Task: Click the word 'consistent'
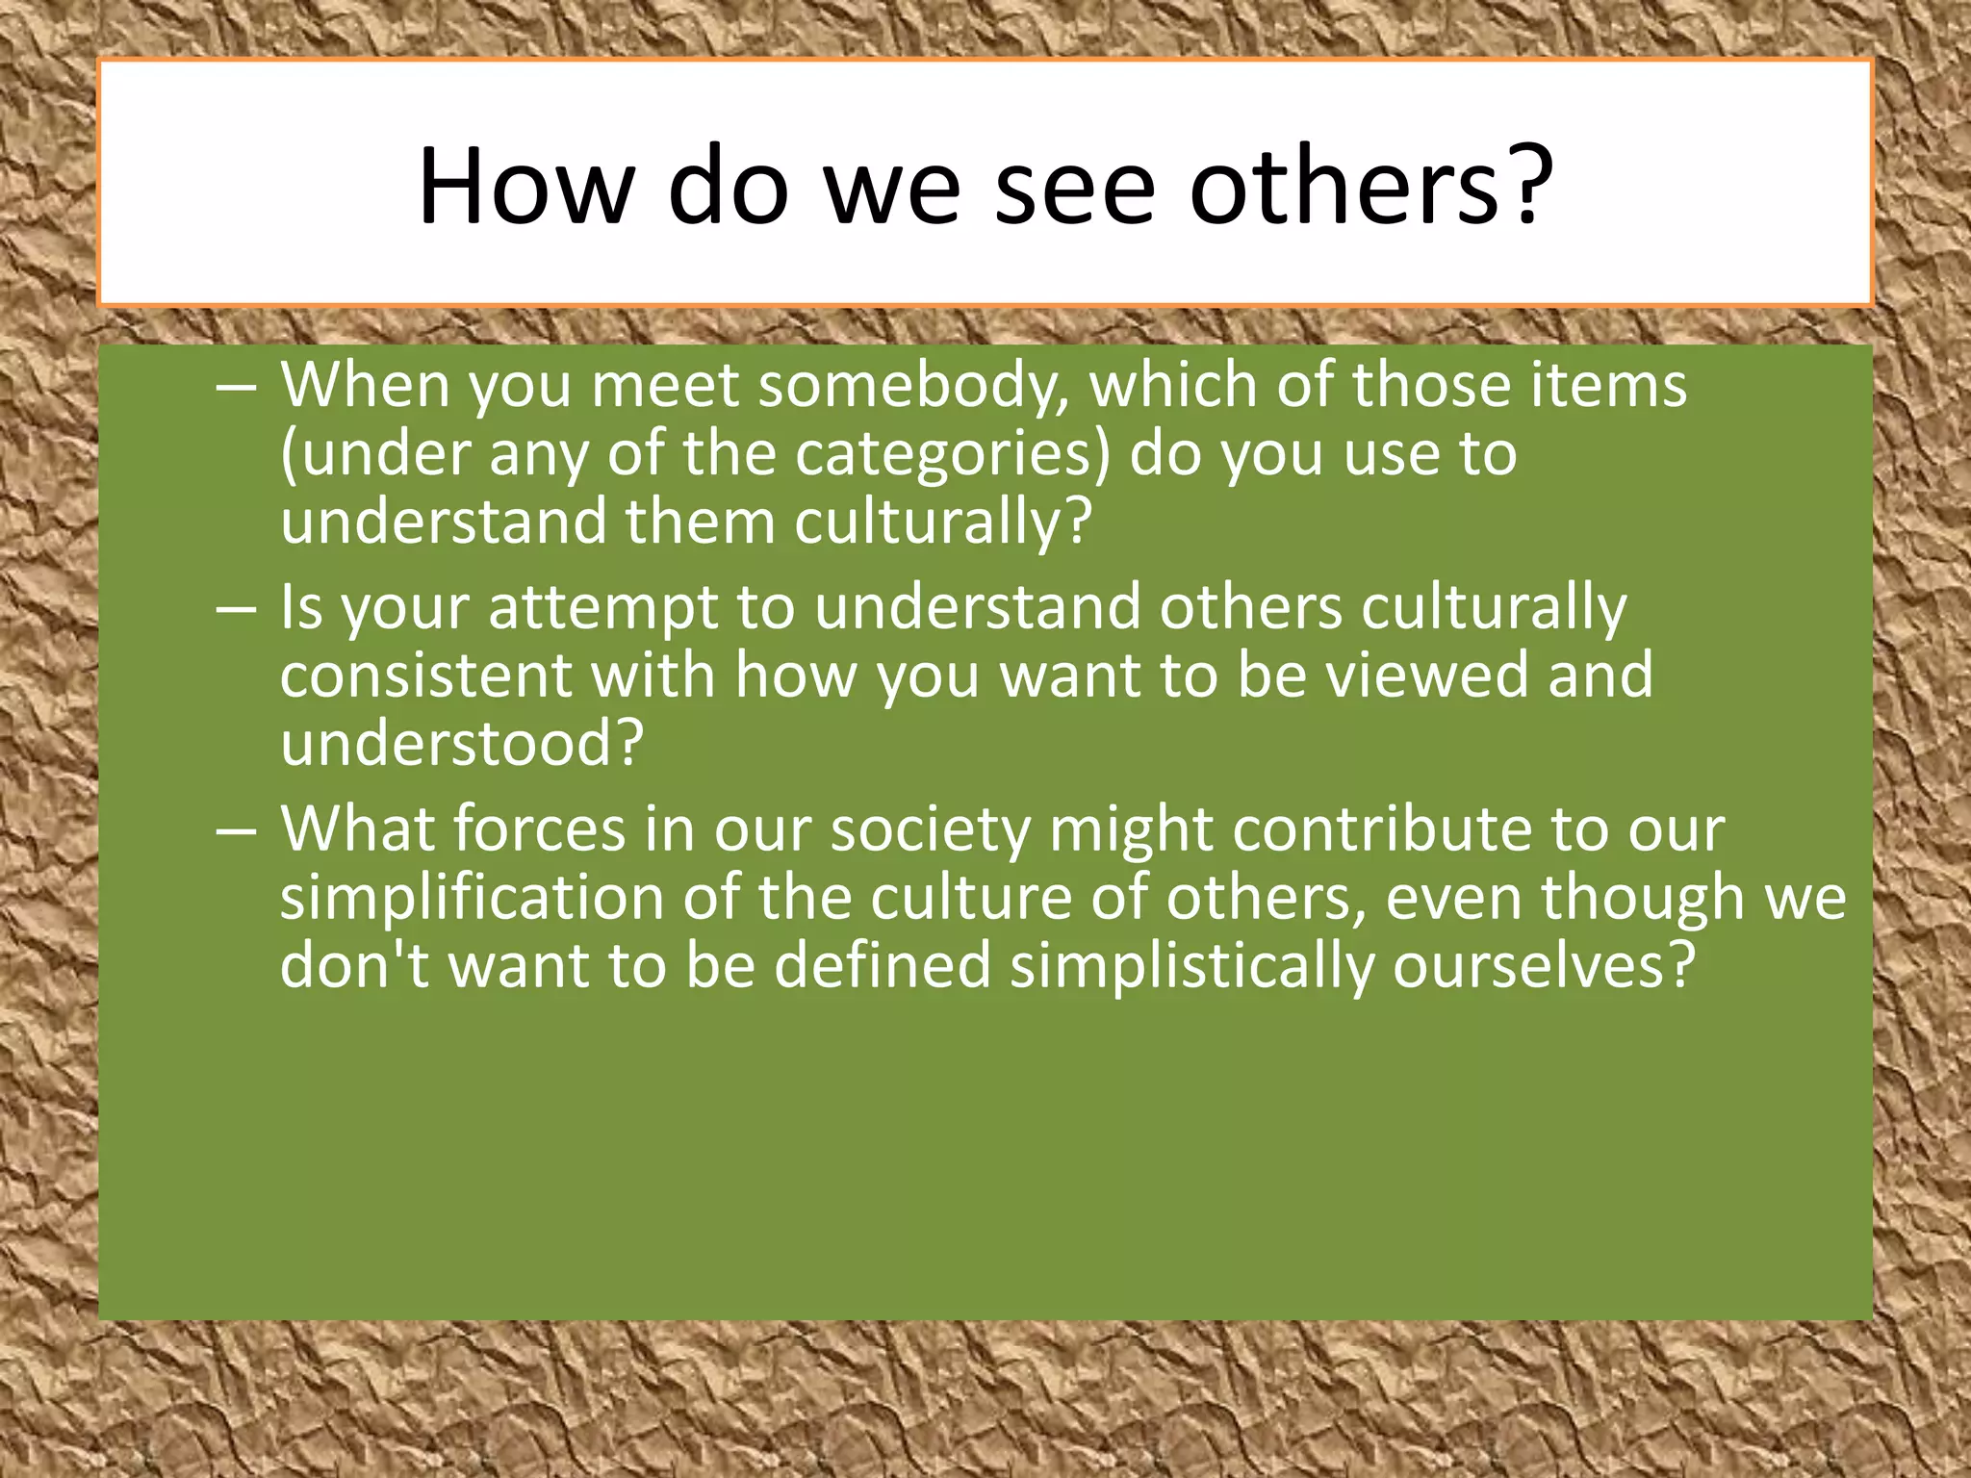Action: click(426, 675)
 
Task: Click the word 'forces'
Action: click(540, 829)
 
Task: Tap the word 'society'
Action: click(931, 829)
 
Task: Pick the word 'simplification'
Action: click(473, 899)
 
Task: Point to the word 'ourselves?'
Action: click(1543, 966)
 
